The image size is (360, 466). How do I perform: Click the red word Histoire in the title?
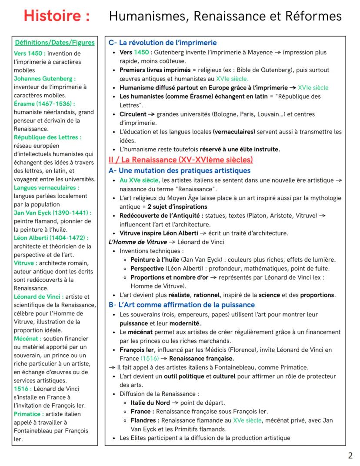pos(57,16)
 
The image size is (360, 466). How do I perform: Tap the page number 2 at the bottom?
pos(350,456)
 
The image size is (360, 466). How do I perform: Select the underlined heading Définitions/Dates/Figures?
pos(55,43)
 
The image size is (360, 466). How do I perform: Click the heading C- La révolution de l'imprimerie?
pos(163,43)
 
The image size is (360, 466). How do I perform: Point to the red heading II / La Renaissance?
pos(181,160)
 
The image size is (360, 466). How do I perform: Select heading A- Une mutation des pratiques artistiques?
pos(180,170)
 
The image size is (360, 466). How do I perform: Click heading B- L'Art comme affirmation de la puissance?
pos(182,305)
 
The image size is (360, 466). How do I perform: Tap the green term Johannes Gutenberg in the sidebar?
pos(45,79)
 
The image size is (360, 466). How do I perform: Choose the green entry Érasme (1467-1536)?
pos(44,103)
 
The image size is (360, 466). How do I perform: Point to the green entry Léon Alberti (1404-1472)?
pos(51,238)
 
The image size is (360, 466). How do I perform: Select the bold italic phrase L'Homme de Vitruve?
pos(137,242)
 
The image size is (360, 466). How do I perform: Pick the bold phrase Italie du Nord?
pos(150,403)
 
